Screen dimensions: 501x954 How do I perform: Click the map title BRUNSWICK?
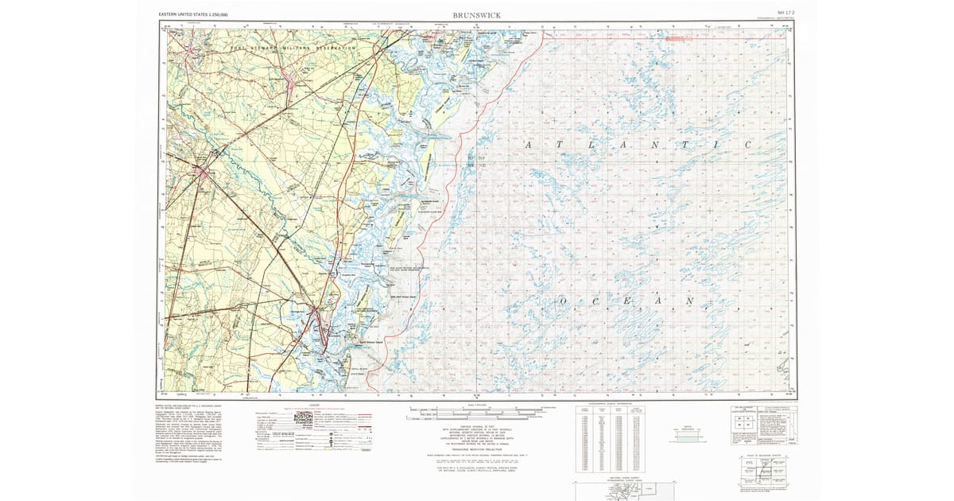pyautogui.click(x=476, y=14)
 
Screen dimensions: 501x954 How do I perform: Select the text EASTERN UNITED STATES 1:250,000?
pyautogui.click(x=194, y=14)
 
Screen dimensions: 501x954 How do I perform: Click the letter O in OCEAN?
pyautogui.click(x=563, y=302)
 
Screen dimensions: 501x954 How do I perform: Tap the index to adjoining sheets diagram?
pyautogui.click(x=760, y=472)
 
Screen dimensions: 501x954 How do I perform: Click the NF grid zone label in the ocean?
pyautogui.click(x=479, y=158)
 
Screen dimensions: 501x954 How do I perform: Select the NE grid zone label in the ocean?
pyautogui.click(x=479, y=165)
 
